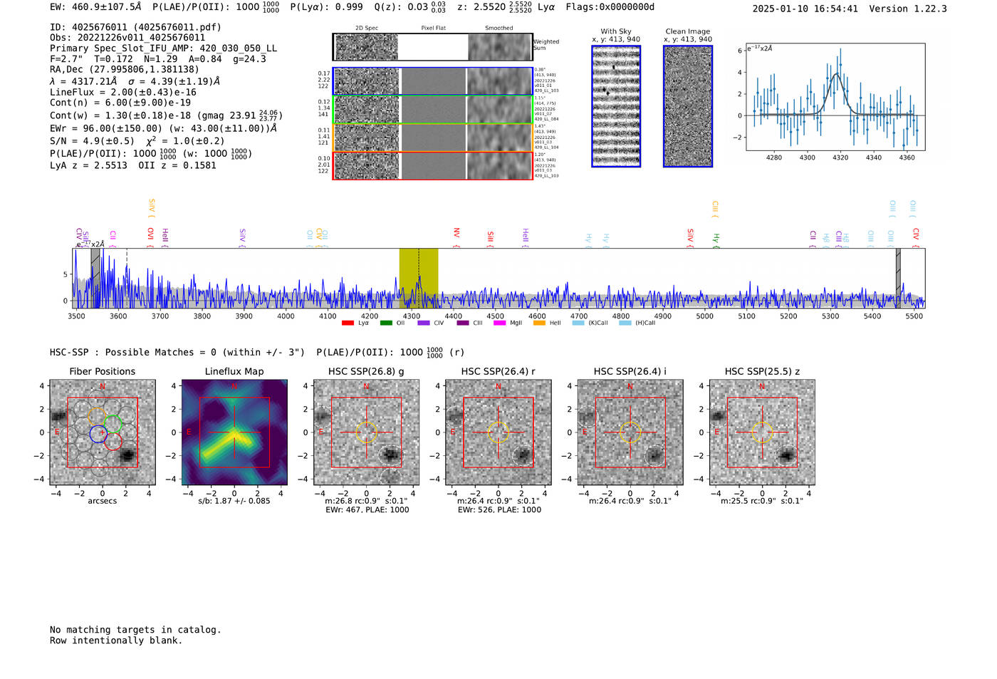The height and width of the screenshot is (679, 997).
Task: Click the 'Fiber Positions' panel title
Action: pyautogui.click(x=102, y=371)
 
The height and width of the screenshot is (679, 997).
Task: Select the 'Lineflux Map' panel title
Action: pyautogui.click(x=234, y=371)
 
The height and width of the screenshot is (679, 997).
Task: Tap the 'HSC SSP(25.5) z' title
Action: pyautogui.click(x=762, y=371)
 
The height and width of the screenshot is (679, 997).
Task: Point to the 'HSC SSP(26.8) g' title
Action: pyautogui.click(x=366, y=371)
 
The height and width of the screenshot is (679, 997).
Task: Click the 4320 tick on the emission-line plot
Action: pyautogui.click(x=840, y=157)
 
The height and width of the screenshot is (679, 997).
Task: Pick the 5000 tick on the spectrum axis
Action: pyautogui.click(x=704, y=316)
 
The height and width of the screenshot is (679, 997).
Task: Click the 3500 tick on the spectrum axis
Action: pyautogui.click(x=76, y=316)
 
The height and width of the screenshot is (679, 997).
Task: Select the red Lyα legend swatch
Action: pyautogui.click(x=348, y=323)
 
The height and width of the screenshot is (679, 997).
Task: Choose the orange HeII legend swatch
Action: pyautogui.click(x=539, y=323)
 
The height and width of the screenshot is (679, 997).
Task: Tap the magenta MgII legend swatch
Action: pyautogui.click(x=499, y=323)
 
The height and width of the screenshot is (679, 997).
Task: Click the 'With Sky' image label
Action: pyautogui.click(x=615, y=31)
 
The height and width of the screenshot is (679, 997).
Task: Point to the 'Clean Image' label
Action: pyautogui.click(x=687, y=31)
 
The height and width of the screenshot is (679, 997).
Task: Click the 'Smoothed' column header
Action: pyautogui.click(x=499, y=28)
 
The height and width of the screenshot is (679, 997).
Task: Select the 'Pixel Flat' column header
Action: pyautogui.click(x=433, y=28)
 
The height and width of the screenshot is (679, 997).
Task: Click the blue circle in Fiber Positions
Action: pyautogui.click(x=98, y=432)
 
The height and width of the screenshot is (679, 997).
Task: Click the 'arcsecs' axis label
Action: pyautogui.click(x=102, y=501)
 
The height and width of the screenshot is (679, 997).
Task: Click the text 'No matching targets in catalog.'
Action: pyautogui.click(x=135, y=630)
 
